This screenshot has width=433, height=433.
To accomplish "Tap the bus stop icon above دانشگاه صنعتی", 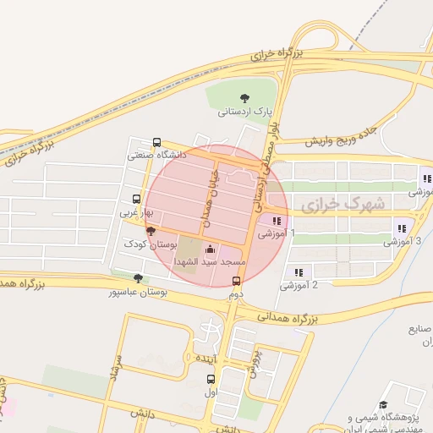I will coord(156,142).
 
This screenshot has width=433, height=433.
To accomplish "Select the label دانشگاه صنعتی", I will coord(156,155).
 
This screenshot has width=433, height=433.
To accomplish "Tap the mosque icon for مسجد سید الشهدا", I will coord(210,249).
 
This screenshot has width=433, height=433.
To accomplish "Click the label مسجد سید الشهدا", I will coord(210,263).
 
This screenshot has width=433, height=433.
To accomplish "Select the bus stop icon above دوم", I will coord(235,282).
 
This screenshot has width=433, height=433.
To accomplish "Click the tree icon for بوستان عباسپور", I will coord(139,278).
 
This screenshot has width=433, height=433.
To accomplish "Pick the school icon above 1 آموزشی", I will coord(277,221).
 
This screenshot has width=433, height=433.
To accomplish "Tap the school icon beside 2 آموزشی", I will coord(299,272).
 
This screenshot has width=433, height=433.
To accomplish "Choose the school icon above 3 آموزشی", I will coord(400,227).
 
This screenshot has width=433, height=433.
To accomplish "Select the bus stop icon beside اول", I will coord(234,378).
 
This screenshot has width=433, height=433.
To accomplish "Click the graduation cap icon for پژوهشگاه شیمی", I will coord(382,406).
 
